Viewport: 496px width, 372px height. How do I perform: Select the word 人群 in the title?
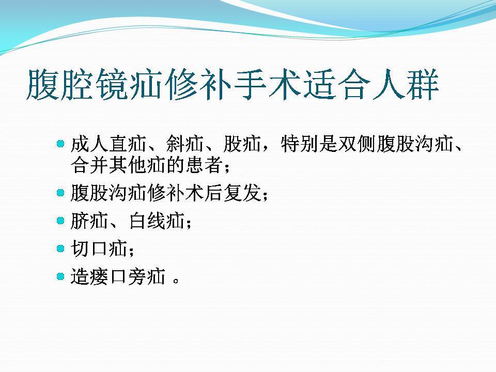click(x=406, y=84)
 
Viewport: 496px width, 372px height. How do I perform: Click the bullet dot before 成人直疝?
click(x=60, y=144)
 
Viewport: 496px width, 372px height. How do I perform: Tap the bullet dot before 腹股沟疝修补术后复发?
click(x=60, y=193)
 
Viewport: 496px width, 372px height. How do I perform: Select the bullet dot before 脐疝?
click(x=60, y=221)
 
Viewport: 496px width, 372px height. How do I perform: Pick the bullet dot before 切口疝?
click(x=60, y=249)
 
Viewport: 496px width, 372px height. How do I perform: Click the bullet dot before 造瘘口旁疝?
click(x=60, y=276)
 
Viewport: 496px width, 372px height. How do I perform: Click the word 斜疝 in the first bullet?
click(x=185, y=144)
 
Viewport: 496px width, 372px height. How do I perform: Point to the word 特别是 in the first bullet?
click(x=309, y=144)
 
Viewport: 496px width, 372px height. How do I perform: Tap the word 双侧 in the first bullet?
click(x=357, y=144)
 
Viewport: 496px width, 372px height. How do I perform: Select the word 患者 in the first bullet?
click(x=204, y=165)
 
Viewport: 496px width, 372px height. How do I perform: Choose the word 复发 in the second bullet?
click(x=242, y=193)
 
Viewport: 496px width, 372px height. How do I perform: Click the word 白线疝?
click(x=157, y=221)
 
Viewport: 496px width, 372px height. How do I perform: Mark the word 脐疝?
click(x=89, y=221)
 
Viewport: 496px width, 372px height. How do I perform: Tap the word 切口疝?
click(x=99, y=249)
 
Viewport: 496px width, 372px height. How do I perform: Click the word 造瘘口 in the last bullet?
click(x=99, y=276)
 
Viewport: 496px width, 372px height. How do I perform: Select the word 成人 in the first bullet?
click(x=89, y=144)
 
